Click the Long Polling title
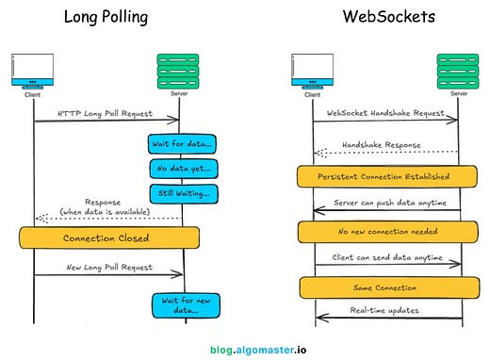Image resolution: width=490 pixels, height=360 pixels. coord(106,17)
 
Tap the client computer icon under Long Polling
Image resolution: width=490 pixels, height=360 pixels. coord(33,71)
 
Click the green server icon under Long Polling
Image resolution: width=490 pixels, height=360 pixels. coord(182,68)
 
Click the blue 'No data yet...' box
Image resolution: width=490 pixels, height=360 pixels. coord(182,168)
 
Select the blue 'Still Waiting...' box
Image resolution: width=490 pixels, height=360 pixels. coord(182,192)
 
